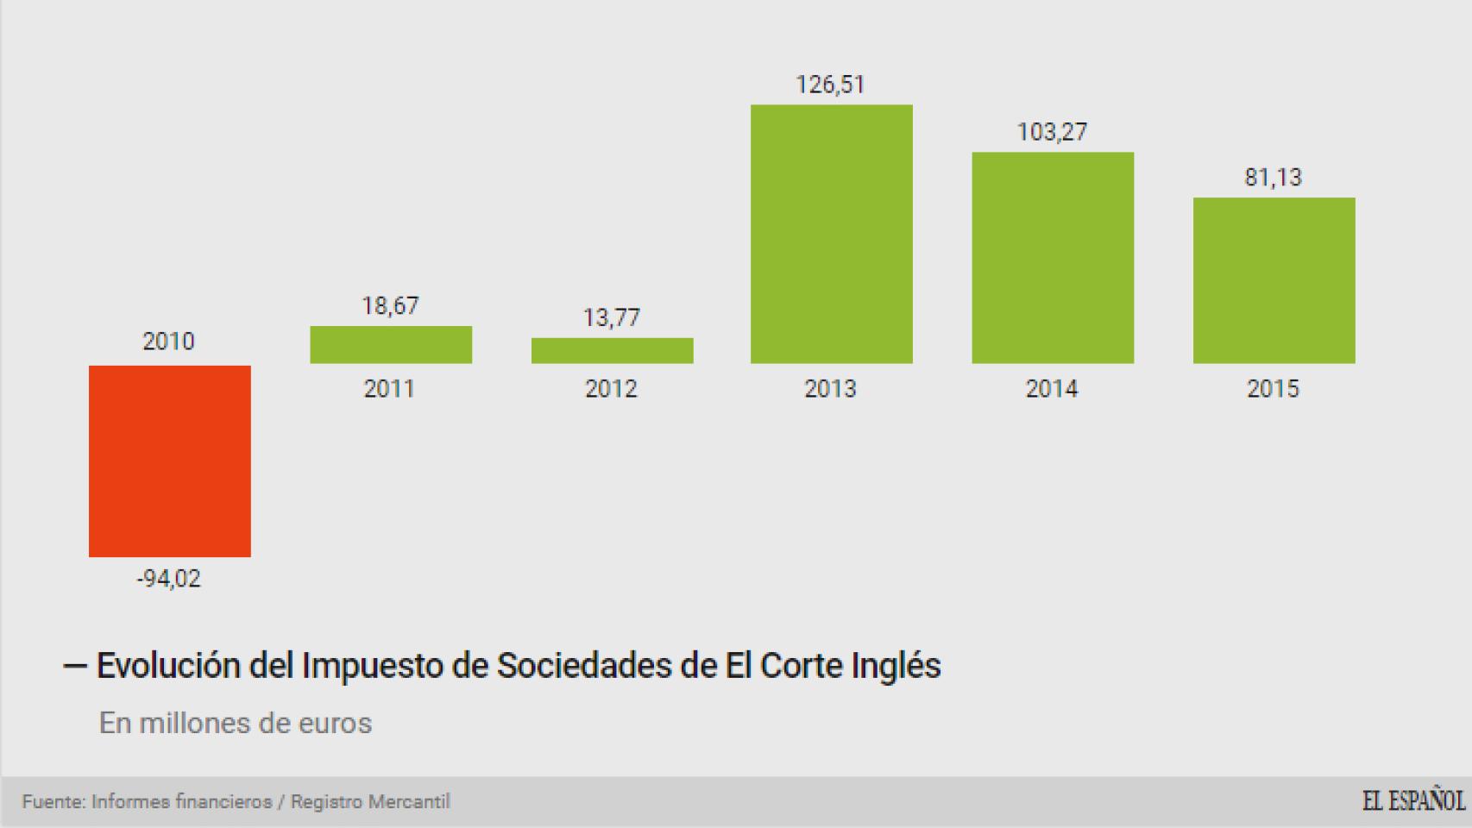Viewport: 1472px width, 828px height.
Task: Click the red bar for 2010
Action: [x=170, y=461]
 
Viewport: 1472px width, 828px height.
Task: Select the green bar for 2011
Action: [x=391, y=344]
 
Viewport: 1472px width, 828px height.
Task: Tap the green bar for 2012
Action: [x=612, y=350]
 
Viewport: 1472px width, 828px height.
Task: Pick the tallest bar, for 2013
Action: [x=831, y=234]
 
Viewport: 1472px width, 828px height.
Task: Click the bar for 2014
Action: [x=1053, y=257]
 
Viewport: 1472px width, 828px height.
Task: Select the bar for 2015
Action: [x=1274, y=280]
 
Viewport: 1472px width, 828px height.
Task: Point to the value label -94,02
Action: [x=168, y=579]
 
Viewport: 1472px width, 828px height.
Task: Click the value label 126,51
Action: [x=830, y=85]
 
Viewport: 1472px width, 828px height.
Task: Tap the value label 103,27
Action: [x=1052, y=132]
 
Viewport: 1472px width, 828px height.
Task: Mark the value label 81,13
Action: [x=1273, y=178]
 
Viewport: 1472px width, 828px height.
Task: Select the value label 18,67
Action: [x=390, y=306]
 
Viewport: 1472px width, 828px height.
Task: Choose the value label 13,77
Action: [x=611, y=318]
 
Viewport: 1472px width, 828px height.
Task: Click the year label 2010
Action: [x=168, y=342]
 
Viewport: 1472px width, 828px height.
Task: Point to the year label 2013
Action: [x=830, y=389]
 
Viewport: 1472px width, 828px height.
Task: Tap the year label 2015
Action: [x=1273, y=389]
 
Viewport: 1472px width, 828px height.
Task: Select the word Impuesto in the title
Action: [x=372, y=666]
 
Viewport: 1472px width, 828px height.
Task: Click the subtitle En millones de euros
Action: [x=236, y=723]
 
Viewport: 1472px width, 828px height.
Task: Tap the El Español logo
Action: [x=1412, y=801]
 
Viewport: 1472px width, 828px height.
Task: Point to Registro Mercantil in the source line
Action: [x=370, y=802]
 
